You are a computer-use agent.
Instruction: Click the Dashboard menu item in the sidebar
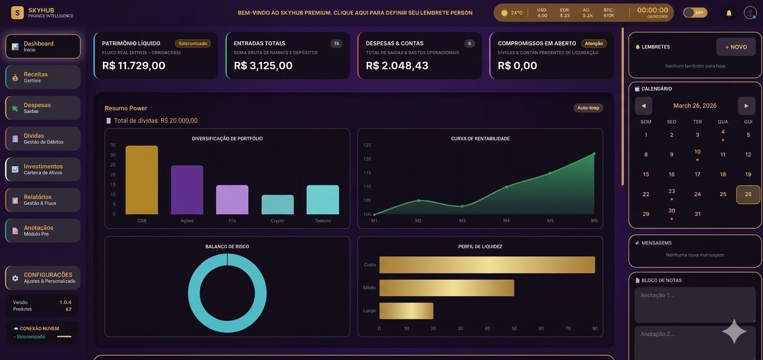point(43,47)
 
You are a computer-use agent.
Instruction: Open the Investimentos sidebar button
point(43,169)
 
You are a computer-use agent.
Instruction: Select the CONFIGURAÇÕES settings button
point(43,278)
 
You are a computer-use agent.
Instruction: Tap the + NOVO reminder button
point(735,47)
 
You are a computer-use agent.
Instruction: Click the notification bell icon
point(729,13)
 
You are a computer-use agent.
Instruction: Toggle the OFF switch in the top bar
point(695,13)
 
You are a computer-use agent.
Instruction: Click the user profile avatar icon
point(750,13)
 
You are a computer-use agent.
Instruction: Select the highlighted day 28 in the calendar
point(748,194)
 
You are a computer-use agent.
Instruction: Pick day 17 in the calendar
point(697,174)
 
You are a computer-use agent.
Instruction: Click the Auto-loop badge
point(588,108)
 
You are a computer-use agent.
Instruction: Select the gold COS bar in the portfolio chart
point(142,180)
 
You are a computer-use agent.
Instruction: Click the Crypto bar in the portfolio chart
point(278,205)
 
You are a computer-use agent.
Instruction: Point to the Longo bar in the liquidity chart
point(406,311)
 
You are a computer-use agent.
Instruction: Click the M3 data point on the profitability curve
point(462,206)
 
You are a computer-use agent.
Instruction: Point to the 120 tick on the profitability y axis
point(367,159)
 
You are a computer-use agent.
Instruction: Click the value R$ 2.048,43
point(397,65)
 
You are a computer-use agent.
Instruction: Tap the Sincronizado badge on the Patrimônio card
point(193,43)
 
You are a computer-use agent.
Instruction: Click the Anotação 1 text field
point(694,304)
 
